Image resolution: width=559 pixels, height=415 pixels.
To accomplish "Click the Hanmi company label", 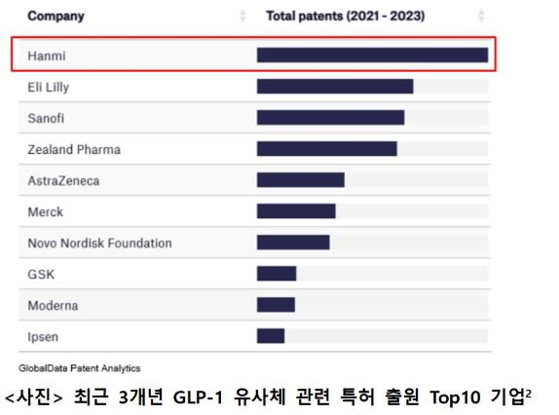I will click(47, 56).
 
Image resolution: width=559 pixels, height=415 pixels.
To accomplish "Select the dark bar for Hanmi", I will click(372, 56).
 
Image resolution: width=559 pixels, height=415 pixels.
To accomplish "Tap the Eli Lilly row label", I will click(49, 87).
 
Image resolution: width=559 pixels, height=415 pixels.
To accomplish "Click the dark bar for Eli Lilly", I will click(335, 87).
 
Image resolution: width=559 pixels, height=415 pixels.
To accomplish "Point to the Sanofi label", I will click(47, 118).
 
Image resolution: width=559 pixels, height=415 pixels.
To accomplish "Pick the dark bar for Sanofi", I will click(330, 118).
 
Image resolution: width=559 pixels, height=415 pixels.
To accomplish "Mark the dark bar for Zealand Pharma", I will click(326, 149).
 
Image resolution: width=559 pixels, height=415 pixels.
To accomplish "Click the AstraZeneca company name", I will click(63, 180).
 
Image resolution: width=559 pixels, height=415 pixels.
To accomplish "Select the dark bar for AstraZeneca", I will click(300, 180).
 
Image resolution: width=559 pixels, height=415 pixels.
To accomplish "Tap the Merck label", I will click(45, 211).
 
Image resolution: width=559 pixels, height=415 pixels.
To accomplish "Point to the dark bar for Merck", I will click(296, 211).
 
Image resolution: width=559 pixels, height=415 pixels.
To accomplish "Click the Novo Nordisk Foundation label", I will click(99, 243).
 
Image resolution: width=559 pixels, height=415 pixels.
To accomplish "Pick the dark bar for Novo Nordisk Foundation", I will click(293, 243).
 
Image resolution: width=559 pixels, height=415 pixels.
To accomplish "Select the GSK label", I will click(41, 274).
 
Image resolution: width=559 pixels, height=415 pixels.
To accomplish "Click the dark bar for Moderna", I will click(276, 305).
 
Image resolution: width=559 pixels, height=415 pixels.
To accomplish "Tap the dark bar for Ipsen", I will click(271, 336).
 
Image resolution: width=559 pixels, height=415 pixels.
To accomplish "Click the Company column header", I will click(56, 17).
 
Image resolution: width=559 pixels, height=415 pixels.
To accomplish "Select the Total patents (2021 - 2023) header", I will click(345, 17).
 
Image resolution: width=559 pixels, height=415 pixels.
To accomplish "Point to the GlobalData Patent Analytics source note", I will click(80, 368).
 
